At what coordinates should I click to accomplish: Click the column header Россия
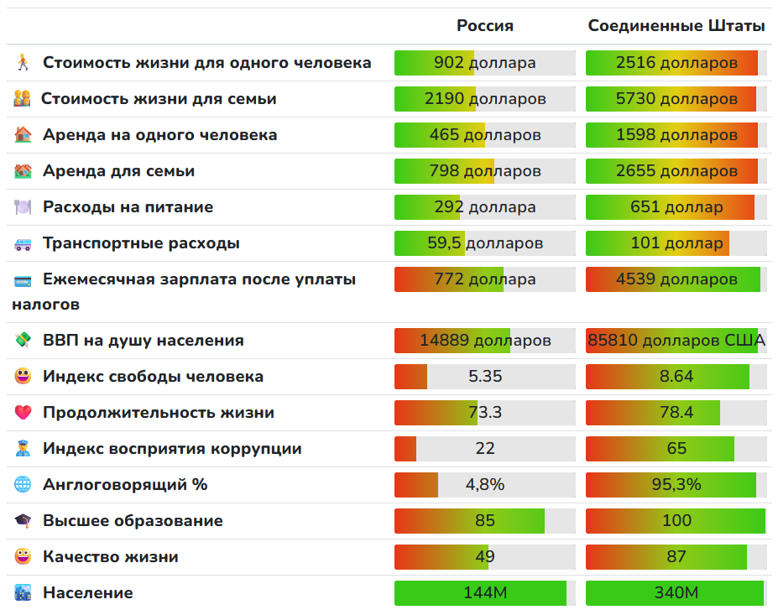(x=485, y=26)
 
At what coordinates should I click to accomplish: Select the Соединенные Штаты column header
(x=676, y=26)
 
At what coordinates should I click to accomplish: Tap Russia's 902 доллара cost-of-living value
(x=485, y=63)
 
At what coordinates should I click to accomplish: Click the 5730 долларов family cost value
(x=676, y=99)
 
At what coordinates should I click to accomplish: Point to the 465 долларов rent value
(x=485, y=135)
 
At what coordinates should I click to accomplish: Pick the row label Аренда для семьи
(x=118, y=171)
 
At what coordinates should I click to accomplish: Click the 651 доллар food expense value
(x=676, y=207)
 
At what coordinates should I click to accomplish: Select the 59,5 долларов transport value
(x=485, y=243)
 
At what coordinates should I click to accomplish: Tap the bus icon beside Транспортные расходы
(x=23, y=244)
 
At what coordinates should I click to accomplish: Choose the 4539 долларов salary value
(x=676, y=279)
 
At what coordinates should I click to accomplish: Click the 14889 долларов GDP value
(x=485, y=341)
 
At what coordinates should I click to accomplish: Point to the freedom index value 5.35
(x=485, y=377)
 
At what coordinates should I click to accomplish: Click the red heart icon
(x=23, y=413)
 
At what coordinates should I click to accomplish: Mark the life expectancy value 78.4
(x=676, y=413)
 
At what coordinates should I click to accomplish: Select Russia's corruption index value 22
(x=485, y=449)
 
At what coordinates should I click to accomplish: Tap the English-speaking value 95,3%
(x=676, y=485)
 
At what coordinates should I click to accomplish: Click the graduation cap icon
(x=23, y=521)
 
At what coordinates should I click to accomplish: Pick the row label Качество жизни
(x=110, y=557)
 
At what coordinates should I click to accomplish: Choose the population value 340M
(x=676, y=593)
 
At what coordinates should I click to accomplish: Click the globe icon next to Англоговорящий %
(x=23, y=485)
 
